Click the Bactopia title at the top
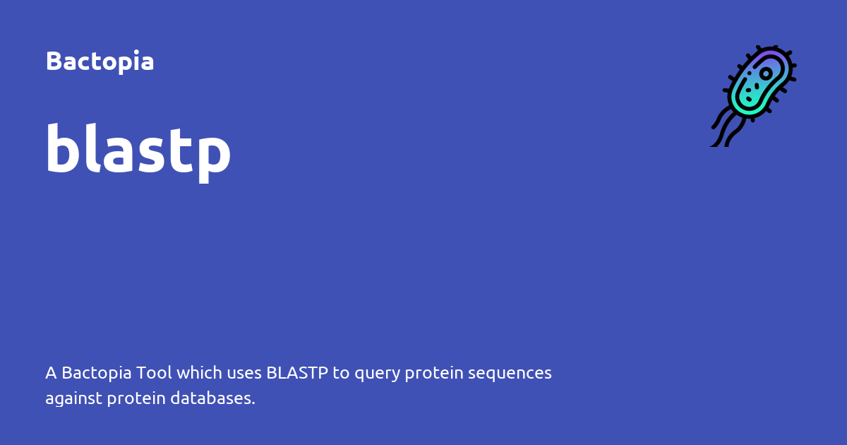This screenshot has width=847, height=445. tap(100, 61)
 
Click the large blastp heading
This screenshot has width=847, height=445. tap(138, 150)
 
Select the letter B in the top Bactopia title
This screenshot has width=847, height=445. tap(53, 61)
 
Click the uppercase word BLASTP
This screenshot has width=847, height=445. tap(297, 373)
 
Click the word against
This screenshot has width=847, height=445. tap(73, 399)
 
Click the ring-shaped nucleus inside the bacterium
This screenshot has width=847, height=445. tap(766, 73)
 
